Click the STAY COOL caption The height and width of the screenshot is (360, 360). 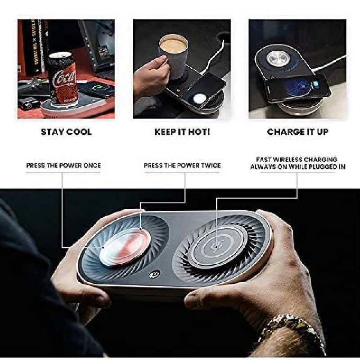click(x=66, y=132)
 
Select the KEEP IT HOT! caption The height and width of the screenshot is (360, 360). click(x=182, y=132)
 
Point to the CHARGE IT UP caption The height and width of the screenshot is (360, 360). click(x=298, y=132)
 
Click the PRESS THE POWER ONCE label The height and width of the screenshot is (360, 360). click(x=63, y=166)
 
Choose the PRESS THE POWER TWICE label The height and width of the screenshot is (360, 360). click(x=182, y=166)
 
